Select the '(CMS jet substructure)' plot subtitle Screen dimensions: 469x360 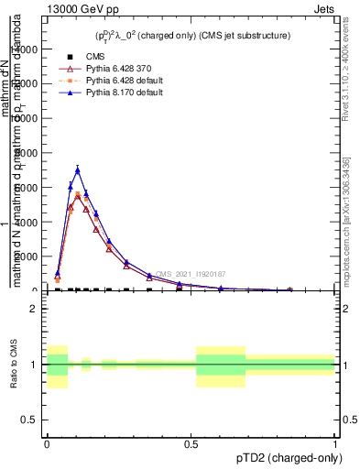[x=245, y=36]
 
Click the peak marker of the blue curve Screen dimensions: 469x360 [x=78, y=169]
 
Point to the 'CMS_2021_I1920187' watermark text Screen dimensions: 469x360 [x=190, y=274]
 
